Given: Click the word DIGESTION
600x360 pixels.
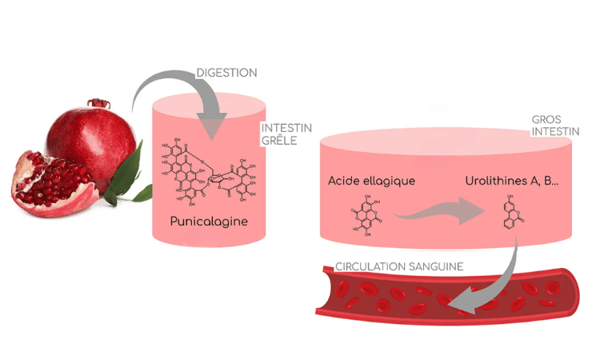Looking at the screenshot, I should tap(227, 73).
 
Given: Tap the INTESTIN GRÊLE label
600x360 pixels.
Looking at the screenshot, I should tap(286, 134).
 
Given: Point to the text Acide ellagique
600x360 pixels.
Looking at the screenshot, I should tap(371, 180).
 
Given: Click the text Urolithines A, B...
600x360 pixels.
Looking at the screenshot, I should tap(512, 180).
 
